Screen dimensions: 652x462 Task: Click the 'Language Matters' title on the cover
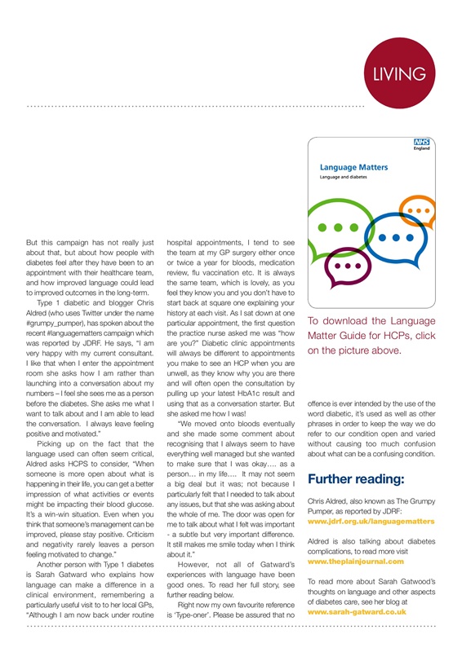coord(353,167)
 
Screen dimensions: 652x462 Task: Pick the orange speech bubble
coord(418,211)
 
